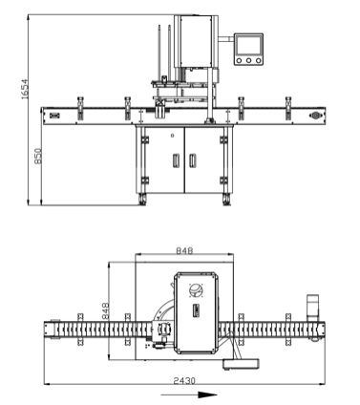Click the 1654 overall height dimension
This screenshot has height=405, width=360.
25,89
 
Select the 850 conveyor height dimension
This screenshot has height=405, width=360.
38,156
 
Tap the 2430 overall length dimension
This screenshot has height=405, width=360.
184,380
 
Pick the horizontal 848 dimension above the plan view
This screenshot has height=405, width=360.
184,251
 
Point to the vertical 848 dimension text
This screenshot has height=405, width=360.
105,310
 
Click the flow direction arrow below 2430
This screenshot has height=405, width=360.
189,394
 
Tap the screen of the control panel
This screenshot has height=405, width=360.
249,45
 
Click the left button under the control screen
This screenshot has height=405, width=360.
239,60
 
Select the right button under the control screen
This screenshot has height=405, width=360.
259,60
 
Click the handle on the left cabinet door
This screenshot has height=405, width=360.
176,160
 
